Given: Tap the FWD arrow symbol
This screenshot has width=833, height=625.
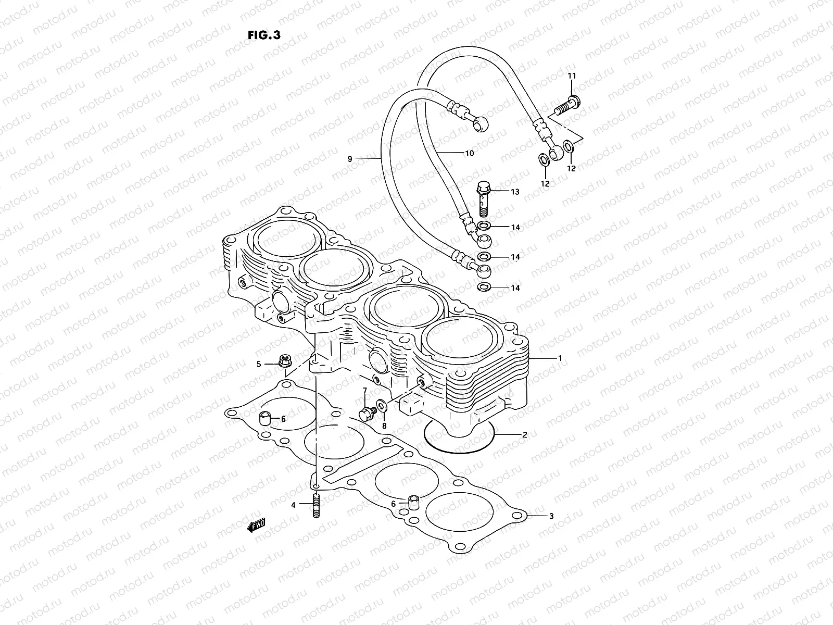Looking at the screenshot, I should [257, 526].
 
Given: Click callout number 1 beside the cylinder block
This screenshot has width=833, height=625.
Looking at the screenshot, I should [560, 358].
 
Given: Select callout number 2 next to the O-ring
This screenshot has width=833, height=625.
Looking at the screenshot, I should [525, 434].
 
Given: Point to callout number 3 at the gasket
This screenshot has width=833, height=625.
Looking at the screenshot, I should [551, 516].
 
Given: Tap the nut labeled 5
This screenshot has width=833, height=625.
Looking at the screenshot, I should [285, 360].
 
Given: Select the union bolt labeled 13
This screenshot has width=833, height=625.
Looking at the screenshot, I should [483, 198].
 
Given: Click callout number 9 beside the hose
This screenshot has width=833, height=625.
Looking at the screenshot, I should [350, 158].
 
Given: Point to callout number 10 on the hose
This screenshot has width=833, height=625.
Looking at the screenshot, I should [469, 154].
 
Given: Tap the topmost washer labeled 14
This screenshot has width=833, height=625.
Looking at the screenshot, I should [484, 227].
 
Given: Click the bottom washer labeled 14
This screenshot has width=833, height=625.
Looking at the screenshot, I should [484, 287].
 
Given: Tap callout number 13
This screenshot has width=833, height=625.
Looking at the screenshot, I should [514, 192].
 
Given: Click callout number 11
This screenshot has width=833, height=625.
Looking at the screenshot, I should [572, 76].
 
